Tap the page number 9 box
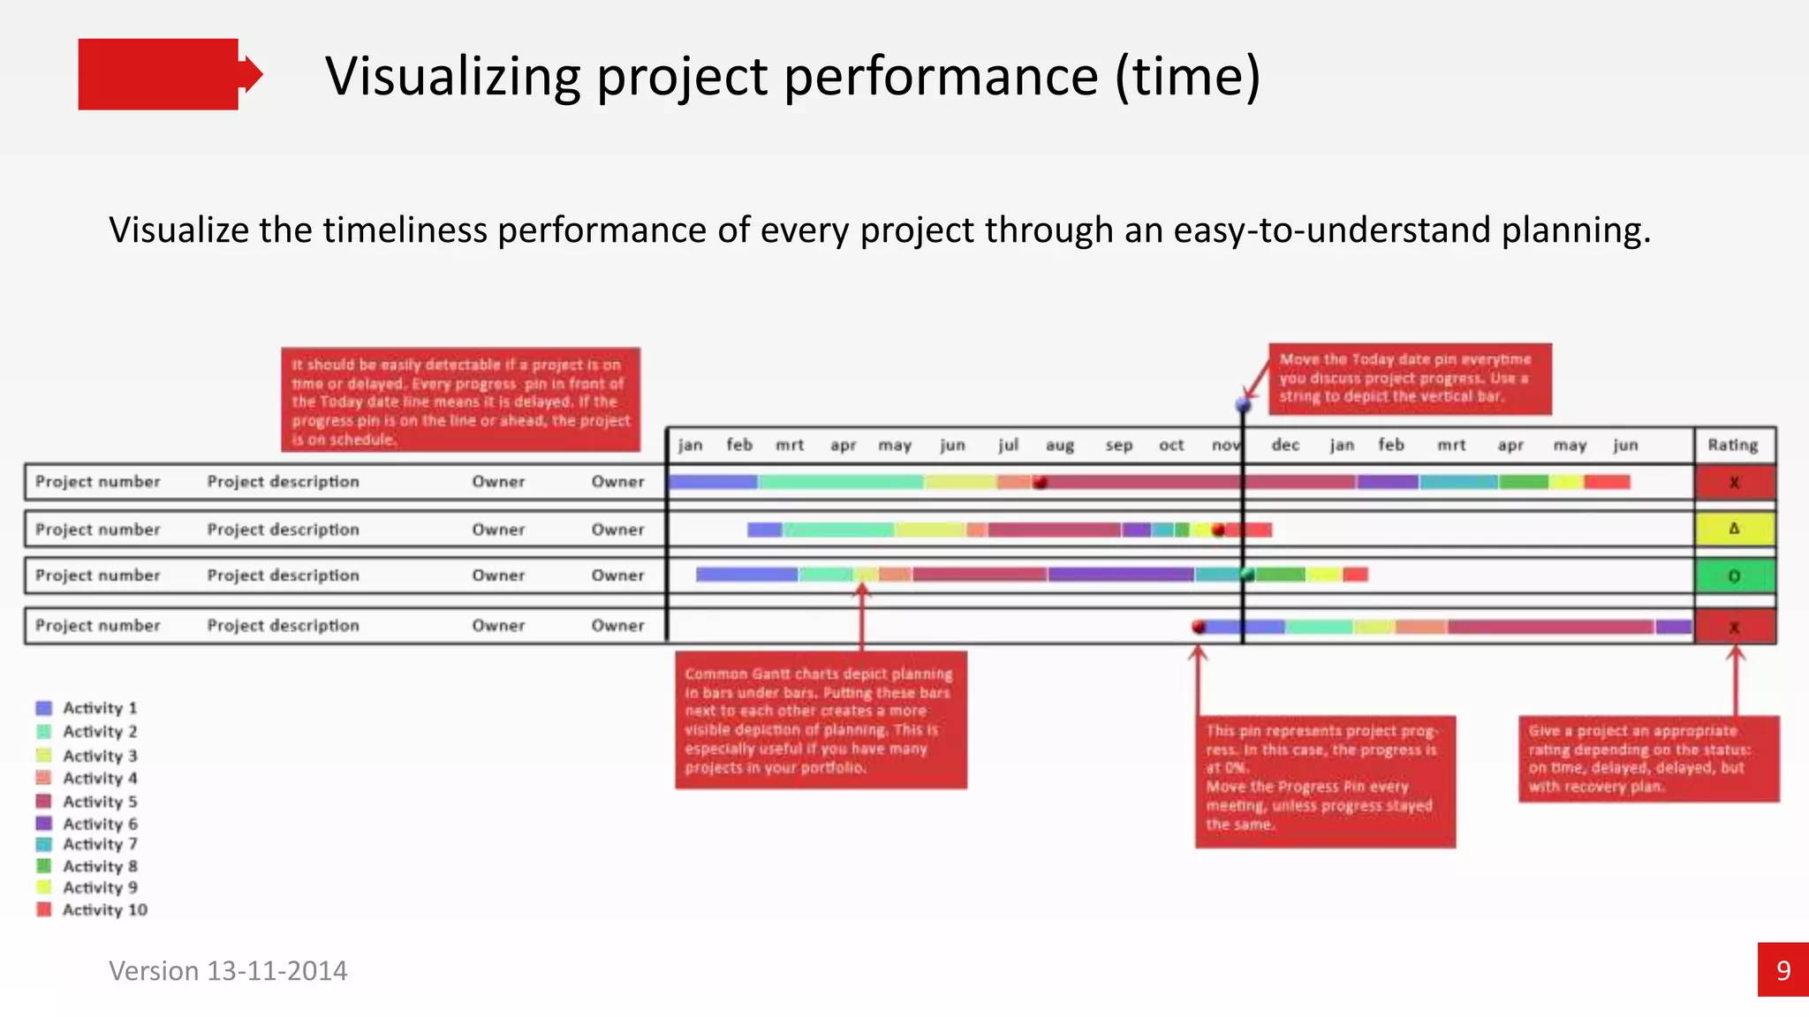(1783, 969)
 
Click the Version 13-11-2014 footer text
(228, 970)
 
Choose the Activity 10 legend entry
(93, 909)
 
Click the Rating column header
(1732, 445)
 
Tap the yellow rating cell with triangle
(1734, 529)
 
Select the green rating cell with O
(1734, 576)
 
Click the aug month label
(1059, 445)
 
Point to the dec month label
(1285, 445)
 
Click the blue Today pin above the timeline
(1243, 405)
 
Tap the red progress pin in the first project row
(1041, 482)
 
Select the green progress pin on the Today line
(1246, 575)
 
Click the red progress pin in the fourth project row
(1199, 627)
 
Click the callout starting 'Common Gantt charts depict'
(821, 720)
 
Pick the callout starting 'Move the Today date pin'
(1409, 379)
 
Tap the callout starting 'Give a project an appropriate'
(1648, 758)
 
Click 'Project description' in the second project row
(283, 530)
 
